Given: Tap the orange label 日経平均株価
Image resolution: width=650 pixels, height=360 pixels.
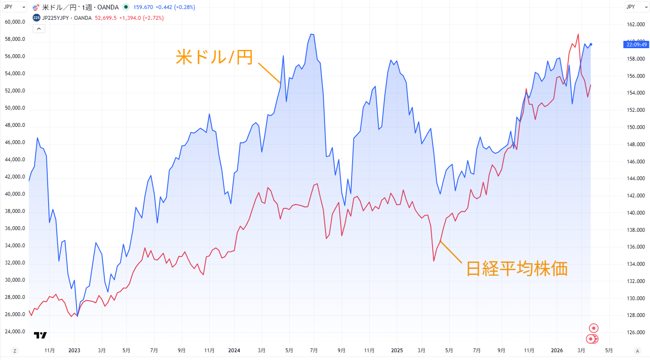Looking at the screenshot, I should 517,268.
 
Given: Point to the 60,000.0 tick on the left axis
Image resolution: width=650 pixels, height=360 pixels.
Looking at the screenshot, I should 15,22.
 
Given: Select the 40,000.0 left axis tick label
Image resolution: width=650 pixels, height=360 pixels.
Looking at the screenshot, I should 15,194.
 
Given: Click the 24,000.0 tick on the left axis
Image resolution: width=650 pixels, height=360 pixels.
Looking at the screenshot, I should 15,332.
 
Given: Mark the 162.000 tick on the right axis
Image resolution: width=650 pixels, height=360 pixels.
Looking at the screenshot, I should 636,25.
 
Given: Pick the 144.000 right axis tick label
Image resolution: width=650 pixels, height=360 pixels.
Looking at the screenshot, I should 636,178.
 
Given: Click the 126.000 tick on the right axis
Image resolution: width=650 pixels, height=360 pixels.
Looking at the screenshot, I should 636,332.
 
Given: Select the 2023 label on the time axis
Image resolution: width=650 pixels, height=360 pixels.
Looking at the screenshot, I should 74,351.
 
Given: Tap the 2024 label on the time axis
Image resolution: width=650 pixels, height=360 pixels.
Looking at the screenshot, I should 234,351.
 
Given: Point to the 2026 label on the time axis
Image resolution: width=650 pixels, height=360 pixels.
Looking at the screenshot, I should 557,351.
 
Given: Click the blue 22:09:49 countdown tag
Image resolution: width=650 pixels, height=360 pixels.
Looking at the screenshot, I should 636,45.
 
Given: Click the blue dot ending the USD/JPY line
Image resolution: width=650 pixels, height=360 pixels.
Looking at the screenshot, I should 591,44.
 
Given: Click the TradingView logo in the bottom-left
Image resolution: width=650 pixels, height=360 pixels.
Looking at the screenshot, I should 40,335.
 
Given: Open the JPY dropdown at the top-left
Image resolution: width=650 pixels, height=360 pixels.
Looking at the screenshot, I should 14,7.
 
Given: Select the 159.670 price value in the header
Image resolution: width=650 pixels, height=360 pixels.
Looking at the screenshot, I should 143,7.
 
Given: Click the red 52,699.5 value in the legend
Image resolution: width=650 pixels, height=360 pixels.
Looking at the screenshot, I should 106,18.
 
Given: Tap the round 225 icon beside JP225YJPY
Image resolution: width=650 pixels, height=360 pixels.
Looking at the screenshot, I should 37,18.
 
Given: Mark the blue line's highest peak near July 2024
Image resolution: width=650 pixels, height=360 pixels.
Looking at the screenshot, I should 312,34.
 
